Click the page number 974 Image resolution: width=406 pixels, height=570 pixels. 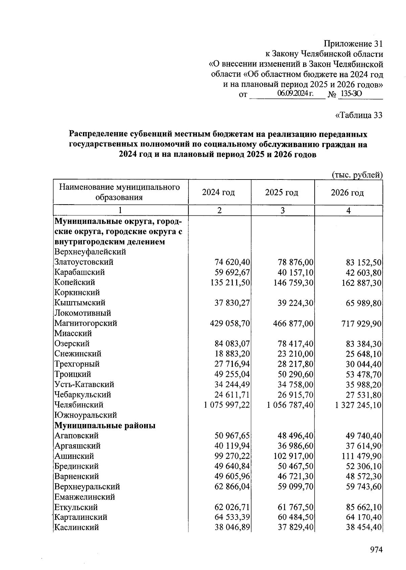376,549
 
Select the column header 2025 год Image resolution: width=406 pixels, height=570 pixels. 281,192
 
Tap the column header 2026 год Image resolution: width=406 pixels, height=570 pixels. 347,193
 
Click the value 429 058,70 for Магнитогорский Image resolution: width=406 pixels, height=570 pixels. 230,323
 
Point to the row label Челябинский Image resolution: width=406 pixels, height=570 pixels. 79,405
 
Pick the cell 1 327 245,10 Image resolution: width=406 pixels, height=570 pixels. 358,405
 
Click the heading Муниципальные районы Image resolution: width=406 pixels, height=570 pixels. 105,425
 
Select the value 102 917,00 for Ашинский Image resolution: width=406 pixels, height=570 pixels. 293,456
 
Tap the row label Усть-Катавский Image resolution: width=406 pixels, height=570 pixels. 84,384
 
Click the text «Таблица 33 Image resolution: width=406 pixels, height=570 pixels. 358,115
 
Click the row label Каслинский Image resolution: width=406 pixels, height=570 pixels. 76,527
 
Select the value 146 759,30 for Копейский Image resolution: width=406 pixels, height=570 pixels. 293,282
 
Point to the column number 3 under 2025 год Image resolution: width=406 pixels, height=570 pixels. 283,210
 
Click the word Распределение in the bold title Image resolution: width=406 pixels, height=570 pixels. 98,134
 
